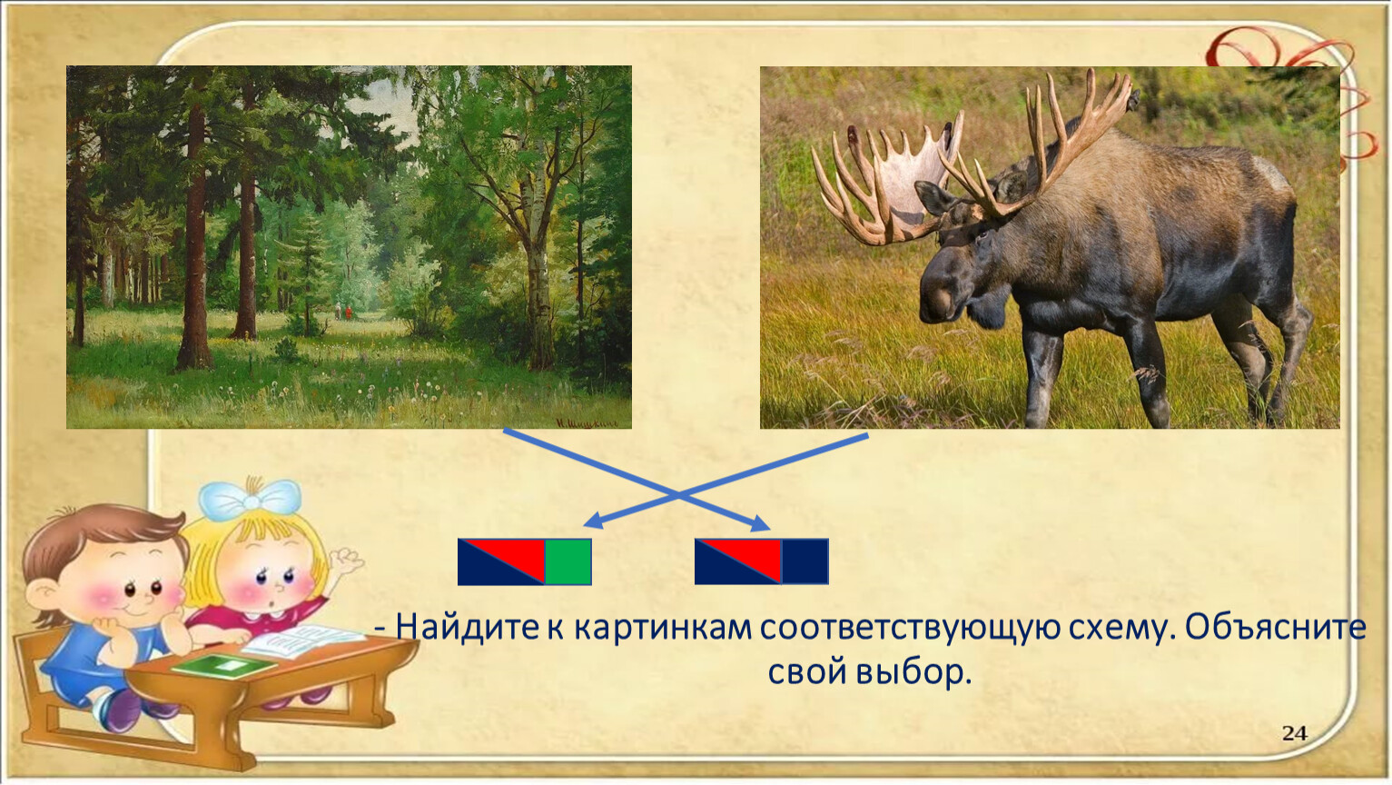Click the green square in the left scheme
pos(568,561)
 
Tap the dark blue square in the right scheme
pos(805,561)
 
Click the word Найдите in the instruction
pos(467,628)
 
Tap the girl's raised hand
pos(347,563)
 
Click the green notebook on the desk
pos(223,665)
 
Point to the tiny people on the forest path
pos(342,311)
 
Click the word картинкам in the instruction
pos(660,628)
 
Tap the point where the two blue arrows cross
pos(677,495)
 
